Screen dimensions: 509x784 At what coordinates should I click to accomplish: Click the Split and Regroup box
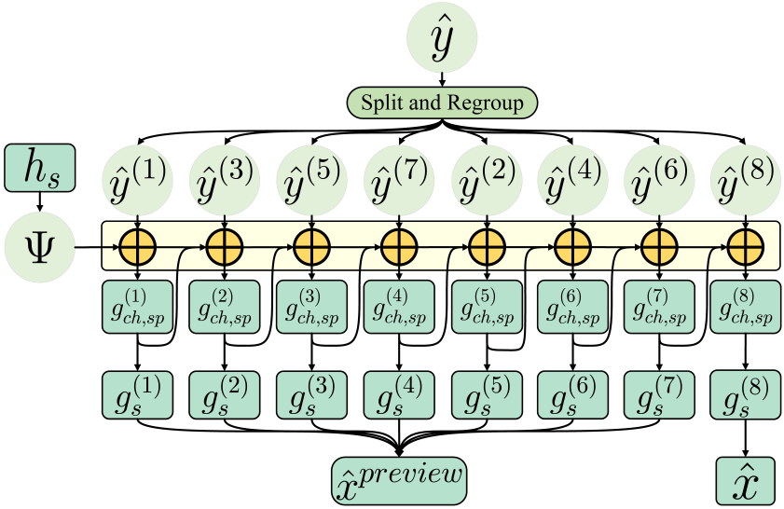point(443,102)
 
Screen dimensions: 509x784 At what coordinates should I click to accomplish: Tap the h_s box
point(39,167)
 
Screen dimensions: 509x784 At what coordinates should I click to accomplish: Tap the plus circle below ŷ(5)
point(310,248)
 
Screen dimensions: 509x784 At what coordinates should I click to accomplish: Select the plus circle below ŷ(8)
point(745,248)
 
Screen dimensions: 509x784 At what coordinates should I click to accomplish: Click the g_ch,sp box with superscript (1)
point(137,307)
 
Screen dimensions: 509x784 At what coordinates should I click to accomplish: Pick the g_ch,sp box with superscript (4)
point(398,307)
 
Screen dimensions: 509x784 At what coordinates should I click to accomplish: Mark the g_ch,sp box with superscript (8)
point(745,307)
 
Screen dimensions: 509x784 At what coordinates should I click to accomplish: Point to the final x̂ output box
point(745,479)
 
